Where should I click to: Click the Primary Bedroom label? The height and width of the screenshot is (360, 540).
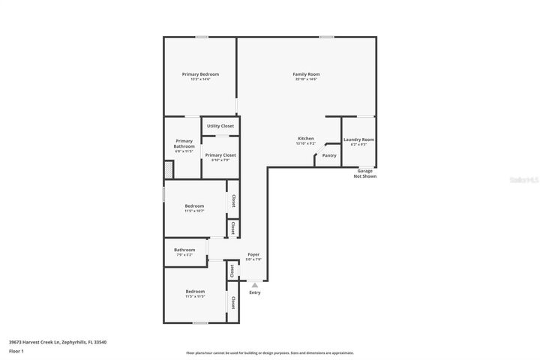pos(200,74)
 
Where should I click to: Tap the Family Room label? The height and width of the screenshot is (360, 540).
pos(306,74)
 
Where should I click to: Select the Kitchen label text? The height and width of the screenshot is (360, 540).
pos(306,139)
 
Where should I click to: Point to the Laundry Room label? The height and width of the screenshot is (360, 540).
pos(358,139)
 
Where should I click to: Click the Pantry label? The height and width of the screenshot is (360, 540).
pos(329,155)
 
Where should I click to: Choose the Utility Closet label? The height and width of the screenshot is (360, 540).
pos(220,126)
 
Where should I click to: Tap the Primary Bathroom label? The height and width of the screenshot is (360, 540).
pos(184,143)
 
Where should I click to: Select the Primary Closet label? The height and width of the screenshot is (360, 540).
pos(220,155)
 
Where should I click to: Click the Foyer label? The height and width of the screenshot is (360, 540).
pos(253,255)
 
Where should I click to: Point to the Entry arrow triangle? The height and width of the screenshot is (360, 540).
pos(255,285)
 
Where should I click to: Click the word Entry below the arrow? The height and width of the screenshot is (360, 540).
pos(255,292)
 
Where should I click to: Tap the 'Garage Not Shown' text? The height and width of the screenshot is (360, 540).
pos(365,173)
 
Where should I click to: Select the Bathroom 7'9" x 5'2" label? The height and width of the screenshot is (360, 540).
pos(184,250)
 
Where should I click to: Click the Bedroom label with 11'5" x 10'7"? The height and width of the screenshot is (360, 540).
pos(195,205)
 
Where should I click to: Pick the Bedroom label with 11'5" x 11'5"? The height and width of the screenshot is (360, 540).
pos(195,291)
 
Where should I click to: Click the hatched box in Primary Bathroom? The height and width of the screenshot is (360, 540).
pos(169,170)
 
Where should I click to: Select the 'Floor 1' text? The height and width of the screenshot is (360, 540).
pos(16,351)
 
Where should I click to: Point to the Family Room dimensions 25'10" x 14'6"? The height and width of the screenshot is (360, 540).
pos(306,79)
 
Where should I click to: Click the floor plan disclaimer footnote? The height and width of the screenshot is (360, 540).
pos(270,352)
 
